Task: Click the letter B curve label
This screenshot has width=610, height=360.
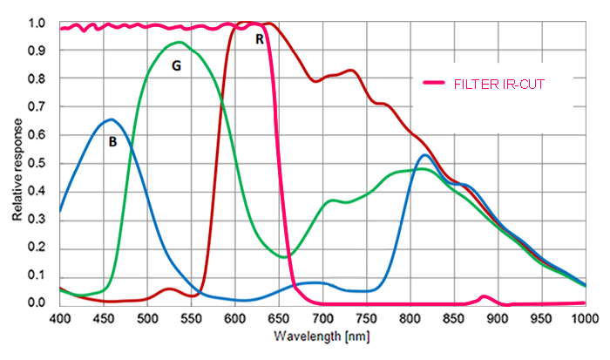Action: pos(112,141)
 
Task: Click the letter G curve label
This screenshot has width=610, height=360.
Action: pos(176,65)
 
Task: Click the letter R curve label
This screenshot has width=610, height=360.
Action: pos(260,38)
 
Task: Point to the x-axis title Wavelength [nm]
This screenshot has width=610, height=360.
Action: pos(322,336)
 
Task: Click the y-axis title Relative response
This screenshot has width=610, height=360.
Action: pos(17,165)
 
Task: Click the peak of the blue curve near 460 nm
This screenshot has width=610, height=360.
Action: pos(111,119)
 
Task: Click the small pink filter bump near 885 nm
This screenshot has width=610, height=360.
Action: pos(485,297)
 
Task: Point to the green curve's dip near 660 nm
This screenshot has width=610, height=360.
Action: pos(287,256)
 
